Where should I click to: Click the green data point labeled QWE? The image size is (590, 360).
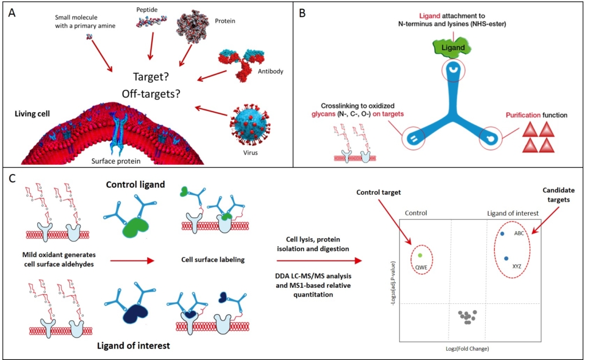420,255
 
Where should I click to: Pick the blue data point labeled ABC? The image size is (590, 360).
502,234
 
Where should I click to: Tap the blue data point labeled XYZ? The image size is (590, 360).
506,258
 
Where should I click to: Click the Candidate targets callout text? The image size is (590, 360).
560,195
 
